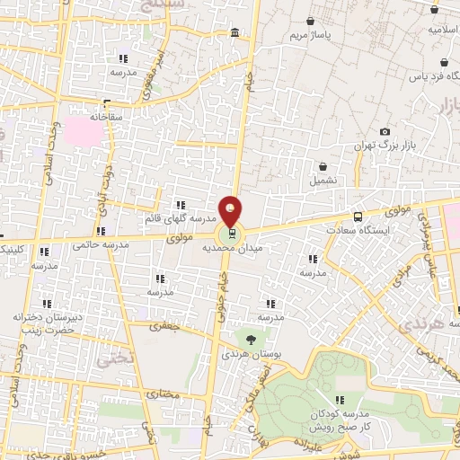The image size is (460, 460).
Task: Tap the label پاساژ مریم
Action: coord(310,35)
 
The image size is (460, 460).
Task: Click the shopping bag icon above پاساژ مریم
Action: coord(311,21)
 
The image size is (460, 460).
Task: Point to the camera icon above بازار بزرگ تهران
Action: coord(385,132)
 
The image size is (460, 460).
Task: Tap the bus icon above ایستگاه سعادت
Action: coord(358,217)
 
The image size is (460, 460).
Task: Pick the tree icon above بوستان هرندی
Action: coord(252,339)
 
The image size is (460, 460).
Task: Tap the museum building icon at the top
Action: coord(234,33)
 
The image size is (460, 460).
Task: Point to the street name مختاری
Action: coord(164,394)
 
